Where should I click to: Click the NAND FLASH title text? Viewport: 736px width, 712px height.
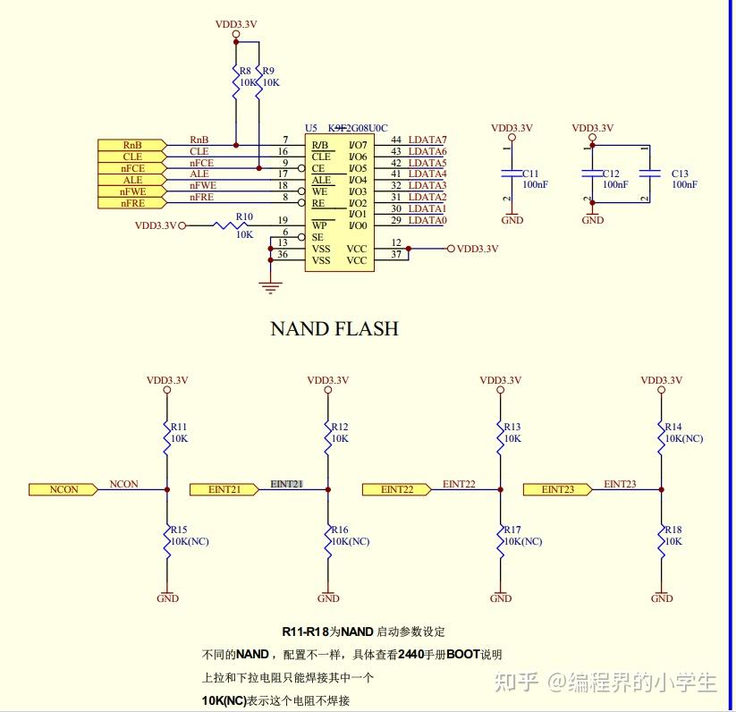334,329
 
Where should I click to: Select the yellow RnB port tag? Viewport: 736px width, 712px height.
131,145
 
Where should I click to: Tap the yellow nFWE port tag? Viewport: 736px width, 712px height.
131,191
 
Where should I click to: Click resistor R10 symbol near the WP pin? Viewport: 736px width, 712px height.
231,226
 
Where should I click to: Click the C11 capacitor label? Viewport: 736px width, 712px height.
530,174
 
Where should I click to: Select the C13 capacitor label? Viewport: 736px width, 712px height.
680,174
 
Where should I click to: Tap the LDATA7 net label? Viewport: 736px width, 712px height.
427,140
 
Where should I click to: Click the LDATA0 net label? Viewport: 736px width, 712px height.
427,220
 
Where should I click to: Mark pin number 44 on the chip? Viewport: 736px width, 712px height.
395,140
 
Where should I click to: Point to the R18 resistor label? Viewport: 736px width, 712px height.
673,530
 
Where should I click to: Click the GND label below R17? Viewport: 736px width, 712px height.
501,598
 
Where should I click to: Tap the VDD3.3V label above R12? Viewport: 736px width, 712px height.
327,379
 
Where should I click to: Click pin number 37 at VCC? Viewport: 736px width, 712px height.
395,255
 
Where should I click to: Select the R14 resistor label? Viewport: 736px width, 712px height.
673,427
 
